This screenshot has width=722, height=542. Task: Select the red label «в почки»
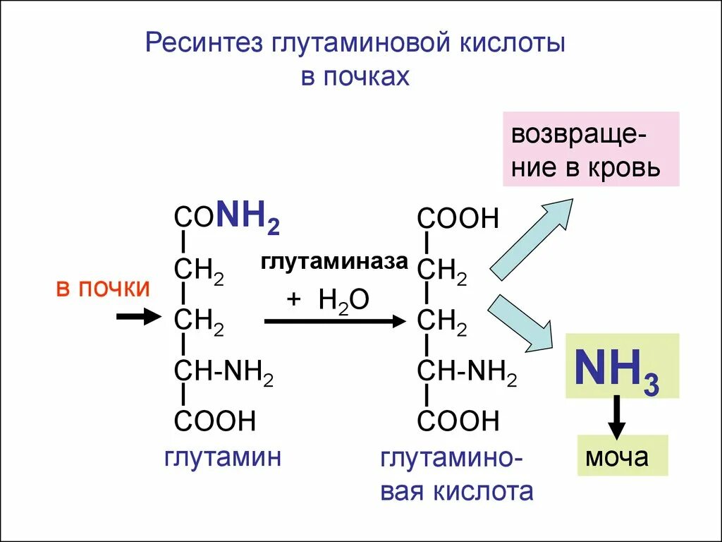[103, 289]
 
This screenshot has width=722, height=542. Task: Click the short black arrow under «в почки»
[138, 318]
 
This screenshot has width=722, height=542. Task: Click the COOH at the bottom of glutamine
[215, 421]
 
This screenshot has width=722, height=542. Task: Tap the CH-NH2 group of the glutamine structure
[224, 371]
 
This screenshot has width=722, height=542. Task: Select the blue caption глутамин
[224, 457]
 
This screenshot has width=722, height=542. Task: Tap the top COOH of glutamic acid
[458, 219]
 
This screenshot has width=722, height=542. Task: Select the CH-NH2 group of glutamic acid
[467, 371]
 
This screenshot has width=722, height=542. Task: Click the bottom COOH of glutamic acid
[458, 421]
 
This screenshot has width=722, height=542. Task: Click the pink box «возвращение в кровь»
[591, 149]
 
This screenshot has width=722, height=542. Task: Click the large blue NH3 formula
[616, 369]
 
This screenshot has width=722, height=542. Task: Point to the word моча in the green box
[616, 457]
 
